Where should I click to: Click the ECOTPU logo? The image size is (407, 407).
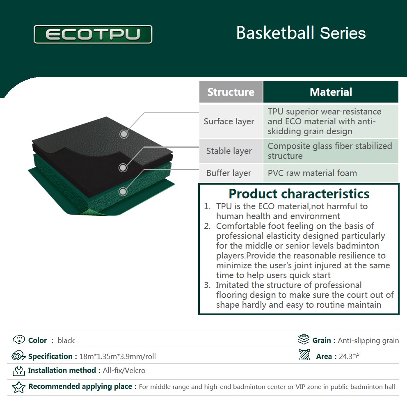pos(93,34)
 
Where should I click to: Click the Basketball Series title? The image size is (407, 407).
pos(301,33)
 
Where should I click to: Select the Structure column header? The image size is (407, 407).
pos(231,92)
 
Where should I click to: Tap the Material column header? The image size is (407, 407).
pos(331,92)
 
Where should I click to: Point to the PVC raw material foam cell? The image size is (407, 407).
pos(331,173)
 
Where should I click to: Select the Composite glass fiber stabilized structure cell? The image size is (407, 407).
pos(331,151)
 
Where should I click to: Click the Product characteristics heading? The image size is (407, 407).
pos(299,194)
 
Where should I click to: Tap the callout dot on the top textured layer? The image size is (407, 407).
pos(124,134)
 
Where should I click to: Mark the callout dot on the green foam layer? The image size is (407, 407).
pos(123,192)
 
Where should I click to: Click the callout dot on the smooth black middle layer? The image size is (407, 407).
pos(123,168)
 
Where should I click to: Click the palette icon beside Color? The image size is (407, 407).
pos(19,340)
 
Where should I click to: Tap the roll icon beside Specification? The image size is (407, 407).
pos(18,356)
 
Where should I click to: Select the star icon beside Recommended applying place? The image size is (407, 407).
pos(19,387)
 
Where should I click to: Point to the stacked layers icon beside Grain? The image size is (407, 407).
pos(304,339)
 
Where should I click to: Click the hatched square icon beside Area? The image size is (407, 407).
pos(304,355)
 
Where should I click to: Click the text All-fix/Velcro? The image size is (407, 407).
pos(124,370)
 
